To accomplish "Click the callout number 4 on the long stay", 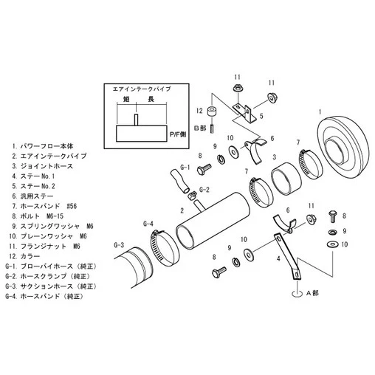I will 278,259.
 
